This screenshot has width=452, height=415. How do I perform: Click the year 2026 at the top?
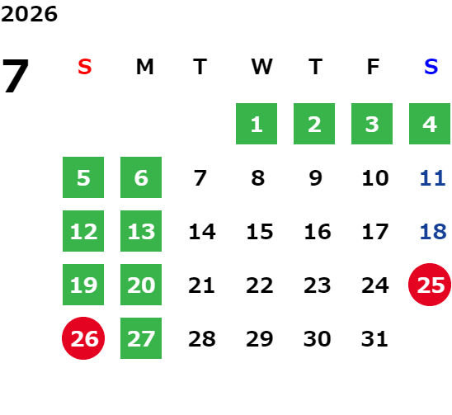29,14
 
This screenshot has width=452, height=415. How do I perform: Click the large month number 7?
16,76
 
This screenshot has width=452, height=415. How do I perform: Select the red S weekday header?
85,67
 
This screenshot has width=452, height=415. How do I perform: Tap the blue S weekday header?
431,67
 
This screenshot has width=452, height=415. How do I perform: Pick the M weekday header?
144,67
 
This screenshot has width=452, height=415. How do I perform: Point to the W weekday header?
261,67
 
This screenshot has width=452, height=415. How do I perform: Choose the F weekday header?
374,67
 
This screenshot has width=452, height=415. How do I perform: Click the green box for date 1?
257,124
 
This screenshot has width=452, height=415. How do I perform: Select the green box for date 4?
430,124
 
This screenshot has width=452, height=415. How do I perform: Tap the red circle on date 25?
430,285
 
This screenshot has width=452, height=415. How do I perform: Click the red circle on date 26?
83,338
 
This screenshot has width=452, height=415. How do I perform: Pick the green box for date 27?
141,338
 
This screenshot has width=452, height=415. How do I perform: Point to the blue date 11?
433,178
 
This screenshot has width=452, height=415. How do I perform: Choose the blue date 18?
433,232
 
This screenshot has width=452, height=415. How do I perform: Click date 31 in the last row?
374,339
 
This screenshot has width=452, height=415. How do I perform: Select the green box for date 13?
141,231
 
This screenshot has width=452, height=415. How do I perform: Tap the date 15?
260,232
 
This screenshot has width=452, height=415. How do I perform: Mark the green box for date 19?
83,285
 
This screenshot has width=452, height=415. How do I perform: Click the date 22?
260,285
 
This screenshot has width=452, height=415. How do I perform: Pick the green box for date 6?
141,177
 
